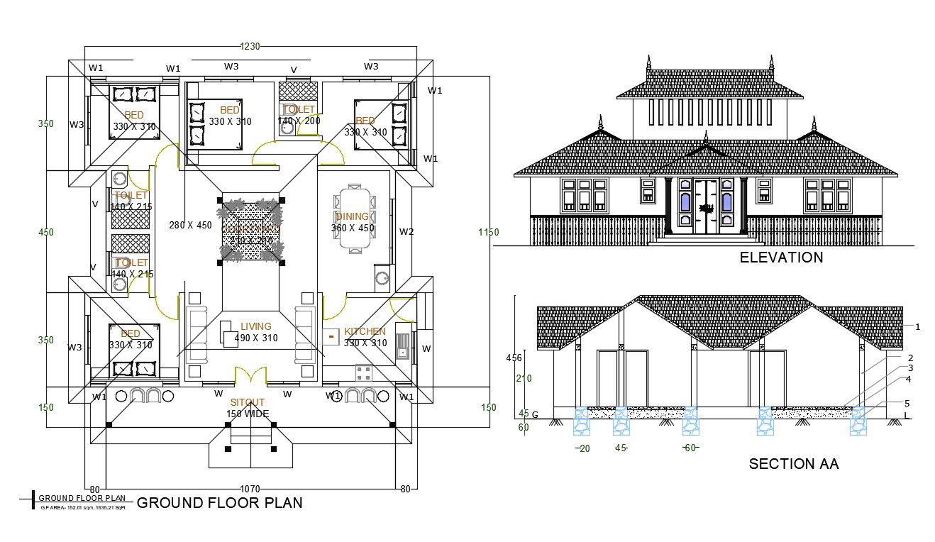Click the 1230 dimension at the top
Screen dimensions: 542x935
click(x=250, y=46)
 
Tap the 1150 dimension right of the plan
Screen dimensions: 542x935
click(x=488, y=232)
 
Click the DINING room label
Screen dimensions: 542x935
click(x=352, y=216)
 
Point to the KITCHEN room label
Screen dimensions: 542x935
click(x=365, y=331)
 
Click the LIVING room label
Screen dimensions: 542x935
click(x=255, y=326)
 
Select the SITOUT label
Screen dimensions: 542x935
click(x=247, y=402)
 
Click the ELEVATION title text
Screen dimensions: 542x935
click(x=781, y=258)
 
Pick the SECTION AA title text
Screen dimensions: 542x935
click(x=794, y=464)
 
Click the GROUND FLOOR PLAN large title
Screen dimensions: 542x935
click(x=219, y=503)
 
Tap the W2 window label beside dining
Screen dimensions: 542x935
click(x=406, y=231)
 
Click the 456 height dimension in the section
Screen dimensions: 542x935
click(x=514, y=358)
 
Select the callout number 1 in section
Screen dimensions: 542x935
click(x=917, y=327)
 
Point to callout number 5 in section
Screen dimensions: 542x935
click(x=907, y=403)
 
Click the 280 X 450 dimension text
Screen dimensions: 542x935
click(x=190, y=226)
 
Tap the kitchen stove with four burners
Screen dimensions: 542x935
click(x=364, y=371)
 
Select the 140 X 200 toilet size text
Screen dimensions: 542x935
click(x=299, y=121)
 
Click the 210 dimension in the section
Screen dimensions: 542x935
click(x=524, y=378)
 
